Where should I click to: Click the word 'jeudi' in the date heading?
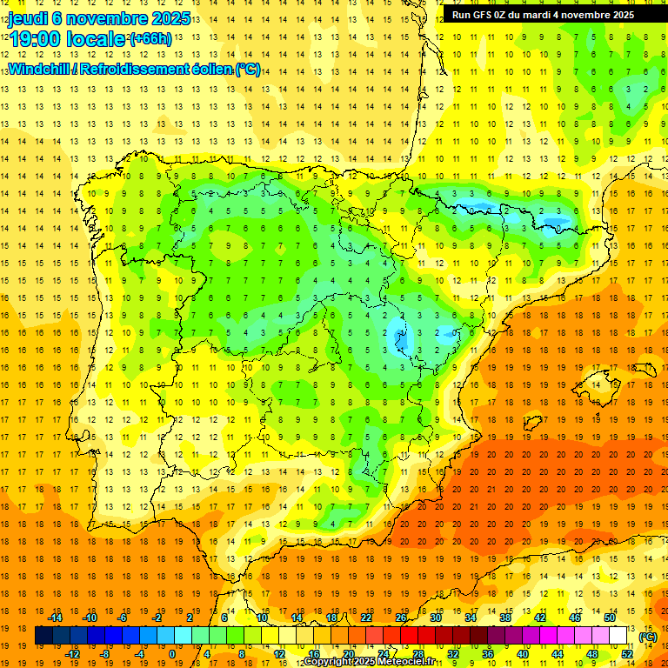(x=30, y=18)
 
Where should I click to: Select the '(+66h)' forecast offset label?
(x=150, y=39)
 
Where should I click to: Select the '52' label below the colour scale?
(x=627, y=653)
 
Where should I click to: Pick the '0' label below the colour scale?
(x=173, y=653)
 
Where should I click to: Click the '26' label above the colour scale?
(x=401, y=618)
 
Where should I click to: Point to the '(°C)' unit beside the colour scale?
(x=648, y=637)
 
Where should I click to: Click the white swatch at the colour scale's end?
(x=618, y=636)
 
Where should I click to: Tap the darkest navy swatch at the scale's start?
(x=43, y=636)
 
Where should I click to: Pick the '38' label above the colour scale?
(x=505, y=618)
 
